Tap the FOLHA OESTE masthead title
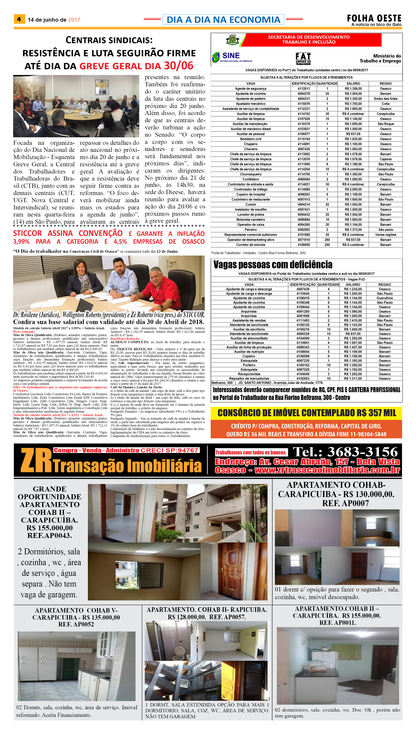374,18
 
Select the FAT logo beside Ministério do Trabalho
303,59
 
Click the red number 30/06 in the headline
179,66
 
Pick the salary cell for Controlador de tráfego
353,189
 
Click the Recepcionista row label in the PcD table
249,374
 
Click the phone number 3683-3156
362,452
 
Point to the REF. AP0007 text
345,503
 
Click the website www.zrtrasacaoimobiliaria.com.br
327,470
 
